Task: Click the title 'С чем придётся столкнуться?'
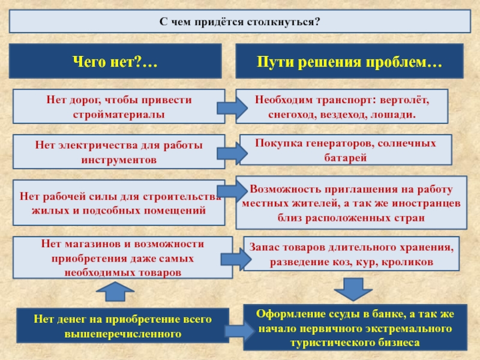(x=239, y=21)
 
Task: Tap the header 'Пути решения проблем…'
(x=350, y=61)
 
